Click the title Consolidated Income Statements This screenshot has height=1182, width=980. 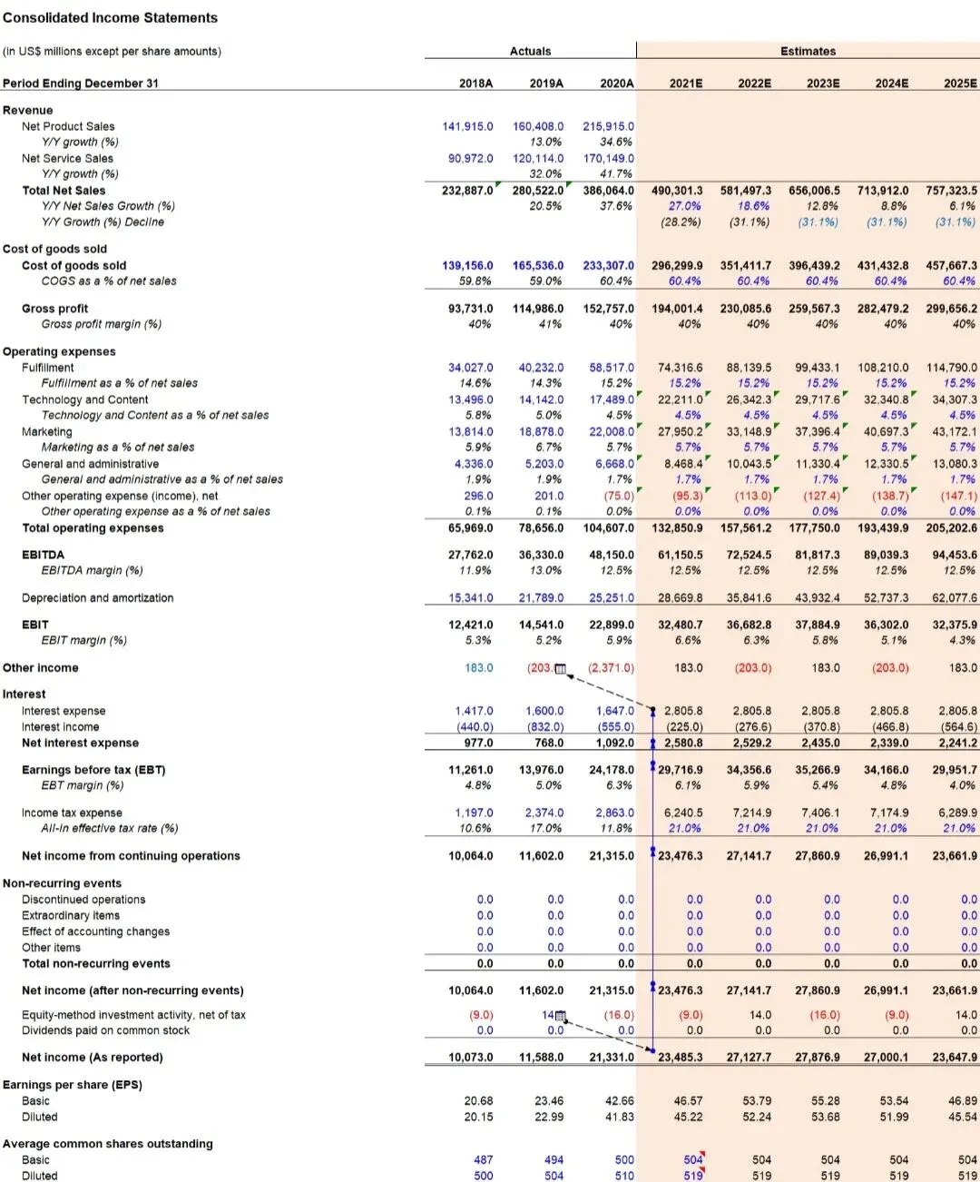pos(110,17)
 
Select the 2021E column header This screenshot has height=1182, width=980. pos(686,84)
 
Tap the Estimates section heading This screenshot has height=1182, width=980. pos(808,51)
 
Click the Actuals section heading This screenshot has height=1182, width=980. pos(530,51)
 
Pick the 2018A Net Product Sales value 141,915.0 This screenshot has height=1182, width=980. pos(467,126)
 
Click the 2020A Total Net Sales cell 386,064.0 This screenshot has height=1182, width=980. pos(608,191)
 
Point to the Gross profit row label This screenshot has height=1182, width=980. pos(54,309)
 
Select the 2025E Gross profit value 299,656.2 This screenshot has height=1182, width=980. pos(951,309)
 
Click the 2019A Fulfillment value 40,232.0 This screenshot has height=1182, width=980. pos(541,368)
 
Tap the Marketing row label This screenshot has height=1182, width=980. pos(47,431)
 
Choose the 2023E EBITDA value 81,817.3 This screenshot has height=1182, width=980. pos(818,555)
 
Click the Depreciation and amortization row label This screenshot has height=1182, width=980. pos(97,597)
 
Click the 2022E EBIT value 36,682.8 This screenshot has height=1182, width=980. pos(749,625)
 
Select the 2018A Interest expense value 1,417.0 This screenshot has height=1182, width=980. pos(475,711)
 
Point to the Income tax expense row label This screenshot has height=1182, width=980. pos(72,813)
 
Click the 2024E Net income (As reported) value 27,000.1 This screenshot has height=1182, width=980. pos(886,1057)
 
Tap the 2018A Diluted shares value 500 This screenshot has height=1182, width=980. pos(484,1176)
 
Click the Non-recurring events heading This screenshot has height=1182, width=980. pos(62,883)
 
